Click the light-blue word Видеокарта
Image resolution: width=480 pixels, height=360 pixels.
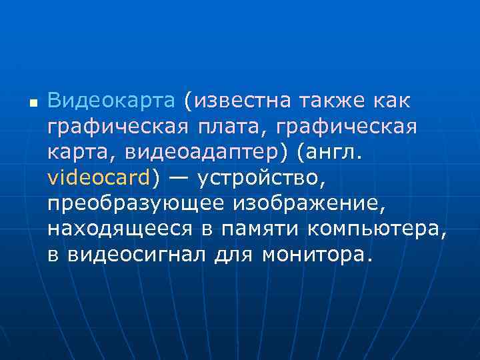point(111,101)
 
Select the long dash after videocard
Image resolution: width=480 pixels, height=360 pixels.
point(179,178)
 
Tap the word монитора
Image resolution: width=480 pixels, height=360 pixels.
point(313,254)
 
